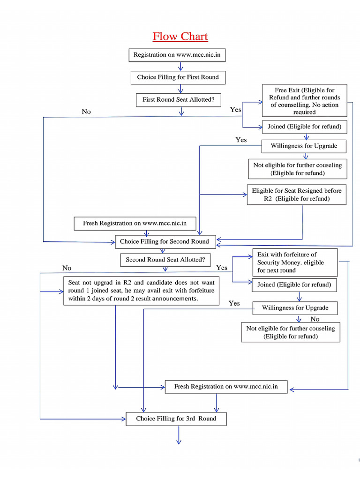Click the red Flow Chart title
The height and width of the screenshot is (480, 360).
[180, 37]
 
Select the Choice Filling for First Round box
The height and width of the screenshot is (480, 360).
[178, 77]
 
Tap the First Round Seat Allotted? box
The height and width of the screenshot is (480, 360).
[178, 100]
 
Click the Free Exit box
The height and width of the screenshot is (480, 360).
[304, 101]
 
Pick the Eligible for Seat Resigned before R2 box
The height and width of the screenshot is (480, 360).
[297, 195]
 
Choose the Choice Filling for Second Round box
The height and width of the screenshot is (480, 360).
[165, 242]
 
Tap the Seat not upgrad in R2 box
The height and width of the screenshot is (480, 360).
[141, 291]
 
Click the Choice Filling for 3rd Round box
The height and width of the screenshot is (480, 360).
[176, 419]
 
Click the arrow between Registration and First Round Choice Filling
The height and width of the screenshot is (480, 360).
[180, 66]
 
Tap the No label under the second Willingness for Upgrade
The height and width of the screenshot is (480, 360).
[315, 319]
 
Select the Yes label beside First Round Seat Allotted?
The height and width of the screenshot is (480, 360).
[236, 110]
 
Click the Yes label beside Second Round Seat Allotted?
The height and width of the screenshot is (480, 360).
[222, 268]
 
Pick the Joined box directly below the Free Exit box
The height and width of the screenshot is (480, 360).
[304, 127]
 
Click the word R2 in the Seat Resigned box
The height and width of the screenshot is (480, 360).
[268, 199]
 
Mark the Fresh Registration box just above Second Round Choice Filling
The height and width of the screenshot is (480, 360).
[135, 224]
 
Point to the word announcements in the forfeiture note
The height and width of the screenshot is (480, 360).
[174, 299]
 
